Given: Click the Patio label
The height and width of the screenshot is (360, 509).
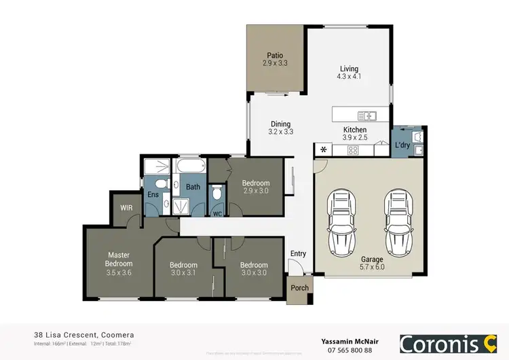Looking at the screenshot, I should point(274,56).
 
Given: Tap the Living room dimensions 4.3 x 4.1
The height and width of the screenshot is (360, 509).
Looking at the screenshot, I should point(349,77).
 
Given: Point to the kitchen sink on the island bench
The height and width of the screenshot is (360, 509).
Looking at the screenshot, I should point(366,115).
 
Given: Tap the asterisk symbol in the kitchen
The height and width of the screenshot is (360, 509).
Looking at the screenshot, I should point(324,150).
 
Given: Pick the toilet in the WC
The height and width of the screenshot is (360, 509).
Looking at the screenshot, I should point(217,194).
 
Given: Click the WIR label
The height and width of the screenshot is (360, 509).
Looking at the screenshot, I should point(126,208).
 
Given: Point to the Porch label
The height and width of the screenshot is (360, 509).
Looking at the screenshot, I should point(299,287).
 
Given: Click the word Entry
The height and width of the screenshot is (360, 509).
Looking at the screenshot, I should point(298,254).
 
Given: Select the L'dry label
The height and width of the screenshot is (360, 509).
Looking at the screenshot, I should point(402,145).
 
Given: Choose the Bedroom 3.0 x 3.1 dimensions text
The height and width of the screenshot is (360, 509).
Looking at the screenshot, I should point(183,273).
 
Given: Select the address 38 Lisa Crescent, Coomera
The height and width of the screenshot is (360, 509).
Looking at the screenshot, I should point(83,335).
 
